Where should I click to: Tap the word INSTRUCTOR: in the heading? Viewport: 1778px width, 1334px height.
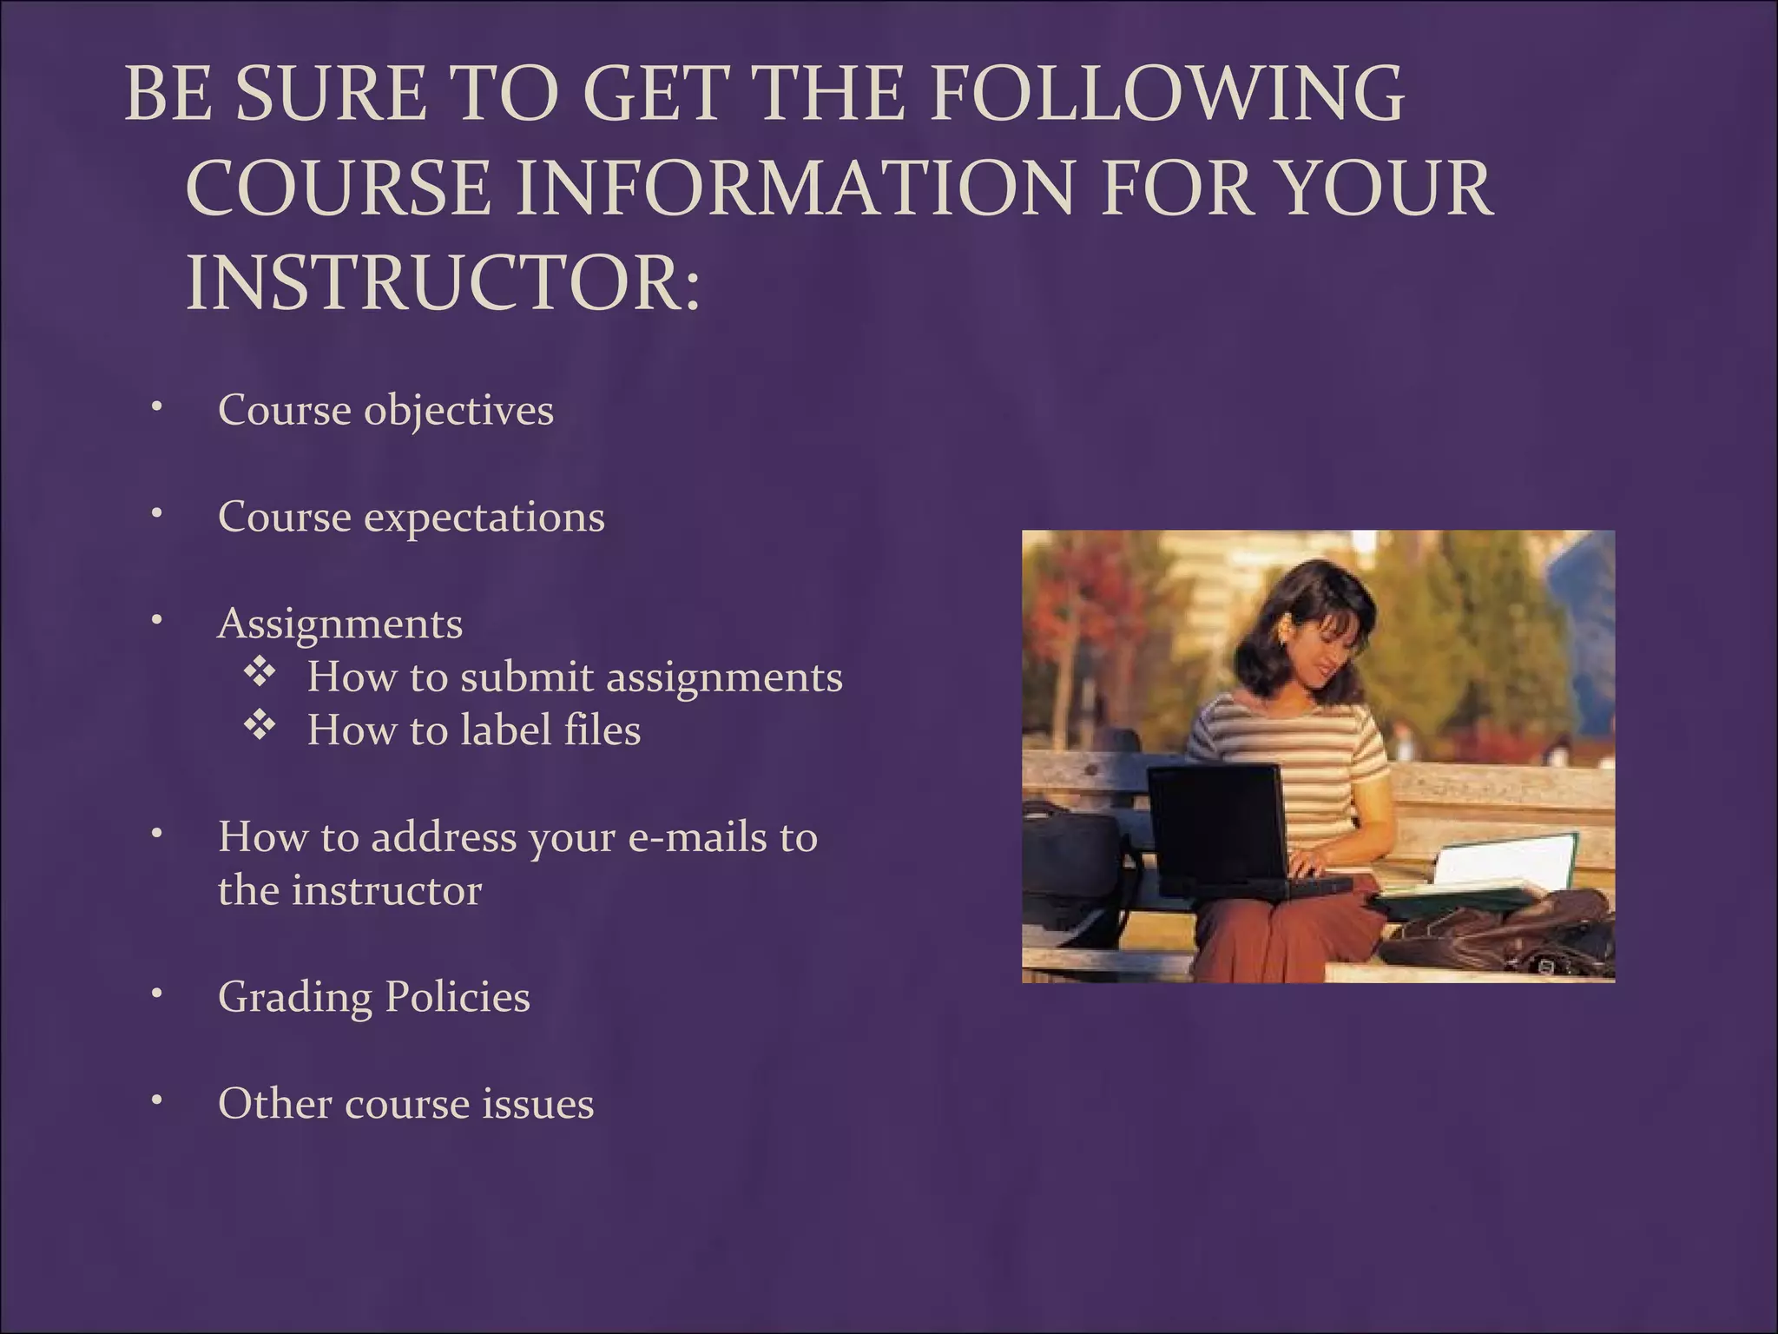click(443, 283)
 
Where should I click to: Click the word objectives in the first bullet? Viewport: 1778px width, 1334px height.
click(458, 411)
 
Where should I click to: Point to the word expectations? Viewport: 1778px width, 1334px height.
click(484, 518)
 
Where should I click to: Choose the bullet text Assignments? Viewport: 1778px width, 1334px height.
click(340, 624)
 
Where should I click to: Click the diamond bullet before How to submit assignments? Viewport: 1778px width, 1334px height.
click(259, 673)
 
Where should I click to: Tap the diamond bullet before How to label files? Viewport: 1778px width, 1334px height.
click(259, 726)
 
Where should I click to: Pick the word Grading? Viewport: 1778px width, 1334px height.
click(295, 997)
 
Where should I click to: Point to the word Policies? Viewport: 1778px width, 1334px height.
click(457, 997)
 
